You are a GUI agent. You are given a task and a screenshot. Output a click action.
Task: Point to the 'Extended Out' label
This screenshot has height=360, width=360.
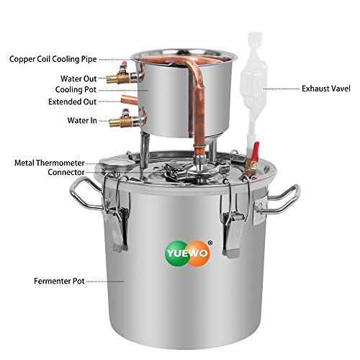click(74, 102)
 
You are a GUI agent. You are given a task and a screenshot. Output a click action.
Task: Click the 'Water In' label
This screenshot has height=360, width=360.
click(83, 120)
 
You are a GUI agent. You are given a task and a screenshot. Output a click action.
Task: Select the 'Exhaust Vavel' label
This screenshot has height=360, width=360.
click(325, 89)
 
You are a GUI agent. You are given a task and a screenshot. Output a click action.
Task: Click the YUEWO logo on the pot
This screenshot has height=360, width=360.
click(179, 254)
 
